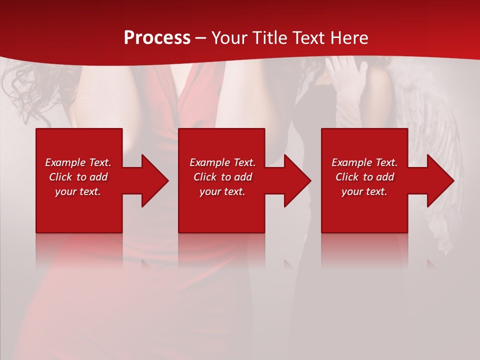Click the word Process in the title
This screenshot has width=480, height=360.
pos(157,38)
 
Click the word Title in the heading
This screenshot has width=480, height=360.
pos(268,38)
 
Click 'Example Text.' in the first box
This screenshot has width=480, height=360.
pos(78,162)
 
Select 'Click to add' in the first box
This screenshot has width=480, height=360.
pos(78,177)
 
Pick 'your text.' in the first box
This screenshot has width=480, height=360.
pos(78,191)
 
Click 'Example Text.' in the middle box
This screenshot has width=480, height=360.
pos(222,162)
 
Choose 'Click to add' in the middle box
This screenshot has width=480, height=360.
pos(222,177)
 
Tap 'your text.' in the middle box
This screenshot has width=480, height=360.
pos(222,191)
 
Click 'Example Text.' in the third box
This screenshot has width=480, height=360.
pos(364,162)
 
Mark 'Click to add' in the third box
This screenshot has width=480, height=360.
pos(364,177)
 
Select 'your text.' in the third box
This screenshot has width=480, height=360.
pos(364,191)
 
